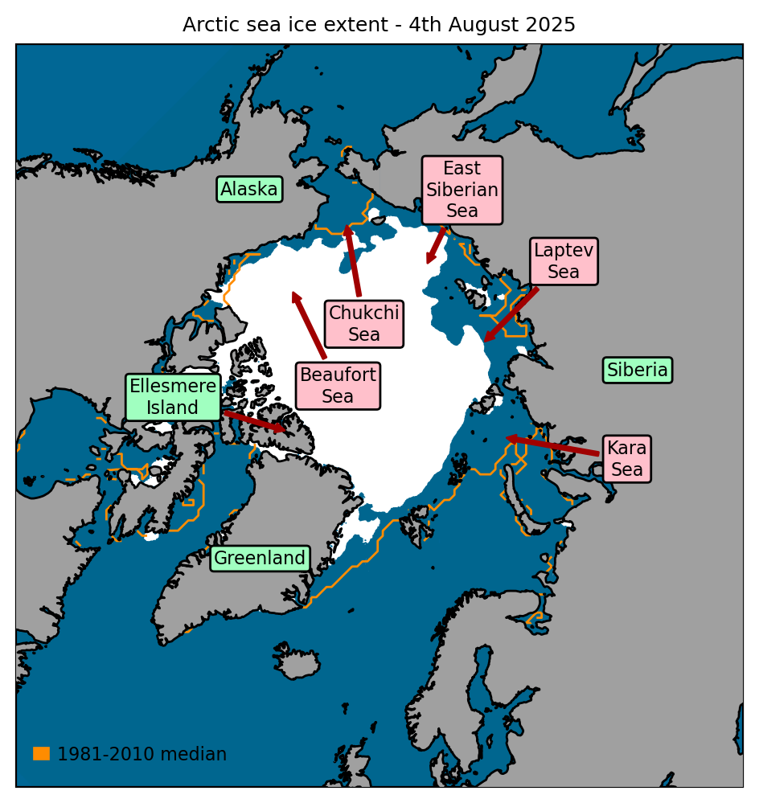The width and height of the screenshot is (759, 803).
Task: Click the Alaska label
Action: (249, 190)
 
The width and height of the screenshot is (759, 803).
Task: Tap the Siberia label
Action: (638, 371)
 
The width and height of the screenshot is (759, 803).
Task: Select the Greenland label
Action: (260, 558)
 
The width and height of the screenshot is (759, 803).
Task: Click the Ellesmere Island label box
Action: (173, 397)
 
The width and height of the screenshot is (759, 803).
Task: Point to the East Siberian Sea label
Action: (462, 191)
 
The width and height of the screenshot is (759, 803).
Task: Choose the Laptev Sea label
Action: (564, 261)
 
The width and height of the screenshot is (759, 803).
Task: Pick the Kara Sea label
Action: (627, 459)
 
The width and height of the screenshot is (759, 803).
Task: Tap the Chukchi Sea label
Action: (364, 323)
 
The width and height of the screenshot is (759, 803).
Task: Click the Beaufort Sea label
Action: (338, 386)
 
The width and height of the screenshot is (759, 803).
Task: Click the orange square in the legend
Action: (41, 753)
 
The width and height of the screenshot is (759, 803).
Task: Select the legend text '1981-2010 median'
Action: (142, 754)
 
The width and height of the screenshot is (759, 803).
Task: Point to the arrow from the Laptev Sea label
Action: (511, 314)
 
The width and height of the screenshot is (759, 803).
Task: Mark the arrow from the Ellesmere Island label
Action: (255, 421)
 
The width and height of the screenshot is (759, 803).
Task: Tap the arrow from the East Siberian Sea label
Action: (436, 245)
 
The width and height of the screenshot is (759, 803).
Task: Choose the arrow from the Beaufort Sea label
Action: (310, 325)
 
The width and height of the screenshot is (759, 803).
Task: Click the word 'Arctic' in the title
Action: (209, 25)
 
